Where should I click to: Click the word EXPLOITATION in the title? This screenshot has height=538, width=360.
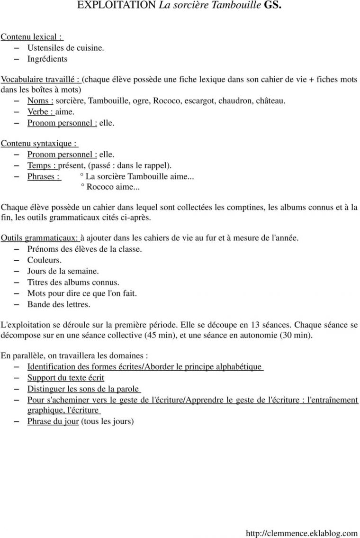coord(117,5)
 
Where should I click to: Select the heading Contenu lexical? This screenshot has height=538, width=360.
coord(31,36)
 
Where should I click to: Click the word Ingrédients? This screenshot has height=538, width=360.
coord(47,59)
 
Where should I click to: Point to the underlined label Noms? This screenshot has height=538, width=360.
coord(40,101)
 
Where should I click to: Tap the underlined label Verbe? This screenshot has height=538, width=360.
coord(40,112)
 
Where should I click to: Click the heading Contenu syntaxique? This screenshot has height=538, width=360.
coord(39,143)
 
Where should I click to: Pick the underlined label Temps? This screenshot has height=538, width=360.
coord(42,165)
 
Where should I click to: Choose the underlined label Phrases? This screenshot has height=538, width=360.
coord(44,176)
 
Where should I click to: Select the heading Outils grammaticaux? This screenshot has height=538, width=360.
coord(40,238)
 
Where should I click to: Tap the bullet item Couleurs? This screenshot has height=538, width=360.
coord(45,260)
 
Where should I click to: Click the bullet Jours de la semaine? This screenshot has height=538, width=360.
coord(63,271)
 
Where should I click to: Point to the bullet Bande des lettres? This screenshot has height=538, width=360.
coord(59,304)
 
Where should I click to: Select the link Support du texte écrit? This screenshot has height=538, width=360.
coord(66,378)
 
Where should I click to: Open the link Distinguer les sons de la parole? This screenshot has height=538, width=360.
coord(83,389)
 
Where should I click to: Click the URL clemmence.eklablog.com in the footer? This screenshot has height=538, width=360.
coord(302,534)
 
